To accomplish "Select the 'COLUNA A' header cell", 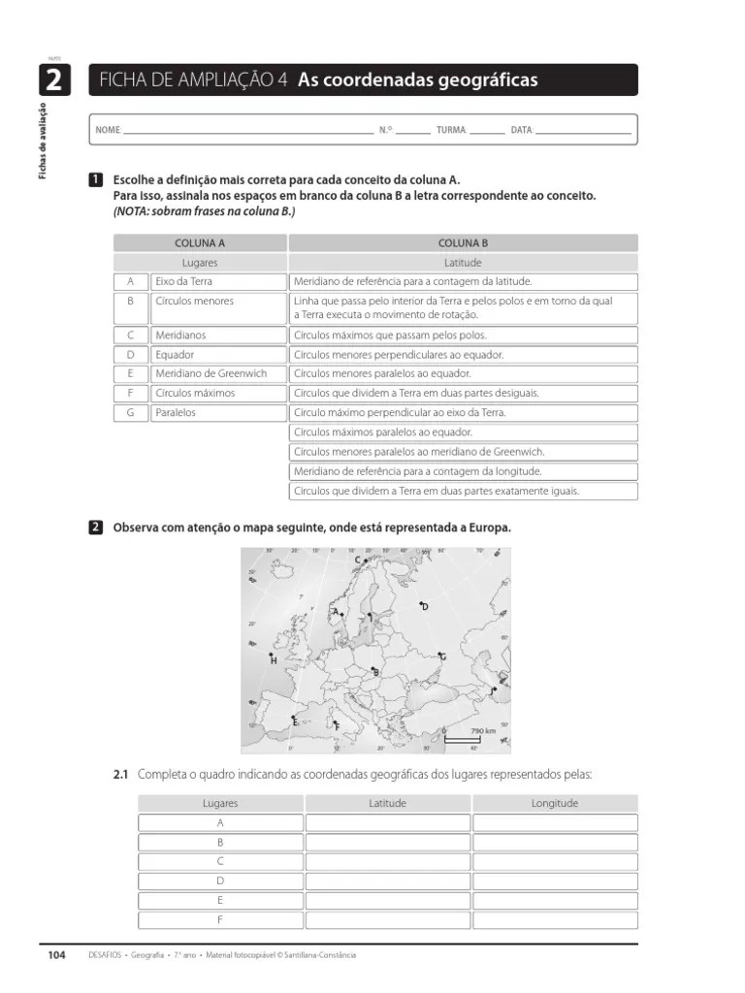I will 199,243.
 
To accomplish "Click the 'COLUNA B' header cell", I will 463,243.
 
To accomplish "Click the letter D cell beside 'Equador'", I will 129,354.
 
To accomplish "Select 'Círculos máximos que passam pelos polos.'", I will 463,335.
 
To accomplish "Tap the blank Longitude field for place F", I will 554,919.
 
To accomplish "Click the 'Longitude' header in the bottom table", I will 554,803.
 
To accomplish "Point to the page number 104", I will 56,955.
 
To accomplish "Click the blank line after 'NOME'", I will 247,130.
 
